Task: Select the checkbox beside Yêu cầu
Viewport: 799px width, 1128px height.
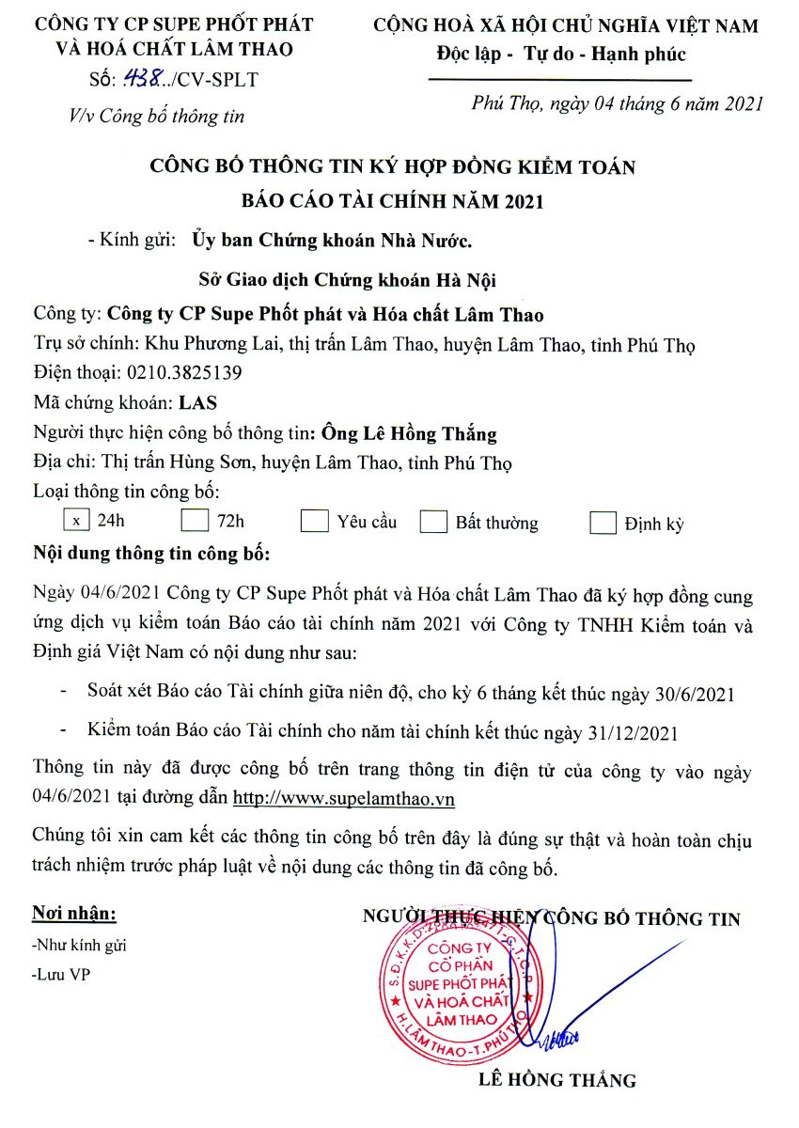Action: tap(314, 522)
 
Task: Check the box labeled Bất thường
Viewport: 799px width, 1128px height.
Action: tap(433, 523)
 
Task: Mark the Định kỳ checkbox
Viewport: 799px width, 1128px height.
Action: tap(603, 524)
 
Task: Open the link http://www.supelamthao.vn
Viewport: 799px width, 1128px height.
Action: tap(343, 798)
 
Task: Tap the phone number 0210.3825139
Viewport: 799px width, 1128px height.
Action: tap(178, 372)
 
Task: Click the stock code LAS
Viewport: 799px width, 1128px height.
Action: tap(197, 403)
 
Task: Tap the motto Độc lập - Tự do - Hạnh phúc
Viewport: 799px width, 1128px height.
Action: tap(561, 55)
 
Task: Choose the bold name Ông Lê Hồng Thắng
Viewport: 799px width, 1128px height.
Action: tap(408, 434)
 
